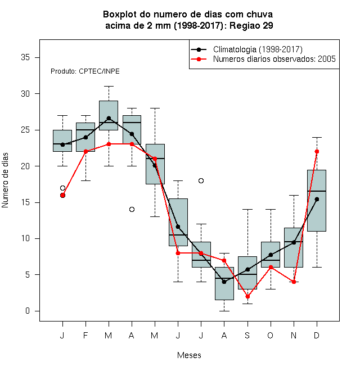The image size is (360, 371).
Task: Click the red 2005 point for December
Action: point(317,151)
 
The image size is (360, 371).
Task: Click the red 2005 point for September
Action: point(247,296)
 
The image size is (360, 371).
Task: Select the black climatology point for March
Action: point(109,118)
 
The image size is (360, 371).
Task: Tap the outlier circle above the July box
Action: point(201,181)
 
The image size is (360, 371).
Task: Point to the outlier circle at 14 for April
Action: point(132,210)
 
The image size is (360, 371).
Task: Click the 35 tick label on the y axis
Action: point(25,57)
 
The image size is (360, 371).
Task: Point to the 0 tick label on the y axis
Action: point(28,311)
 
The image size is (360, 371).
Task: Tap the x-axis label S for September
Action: point(247,336)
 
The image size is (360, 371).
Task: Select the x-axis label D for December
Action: point(317,336)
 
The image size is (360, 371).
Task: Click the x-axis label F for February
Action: point(85,336)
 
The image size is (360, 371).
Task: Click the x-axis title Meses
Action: point(189,355)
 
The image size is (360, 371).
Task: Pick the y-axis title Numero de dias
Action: point(5,180)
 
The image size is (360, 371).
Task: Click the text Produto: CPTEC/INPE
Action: point(85,71)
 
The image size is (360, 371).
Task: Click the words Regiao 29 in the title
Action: point(251,25)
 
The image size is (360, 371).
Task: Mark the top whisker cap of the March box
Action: point(109,87)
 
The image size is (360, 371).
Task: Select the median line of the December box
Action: point(317,191)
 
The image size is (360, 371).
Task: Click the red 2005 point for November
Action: point(294,282)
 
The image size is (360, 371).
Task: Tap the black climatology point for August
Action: point(224,282)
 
